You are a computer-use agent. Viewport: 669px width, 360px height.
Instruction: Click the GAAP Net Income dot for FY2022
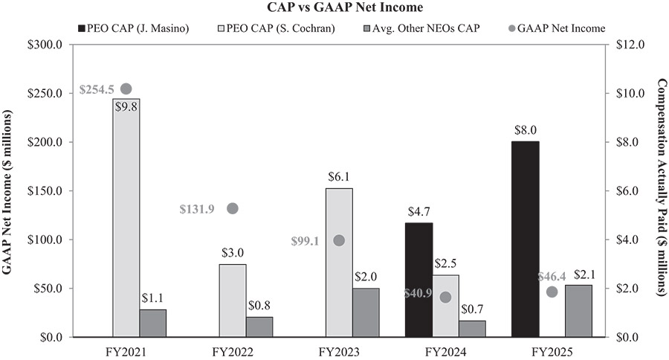[x=232, y=208]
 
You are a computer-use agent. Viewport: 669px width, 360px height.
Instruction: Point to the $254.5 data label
[x=96, y=90]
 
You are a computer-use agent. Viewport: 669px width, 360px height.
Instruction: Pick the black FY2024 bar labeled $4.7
[x=418, y=280]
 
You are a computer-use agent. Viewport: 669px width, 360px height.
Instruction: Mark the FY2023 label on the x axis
[x=339, y=350]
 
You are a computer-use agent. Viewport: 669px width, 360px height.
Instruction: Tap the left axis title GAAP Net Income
[x=10, y=191]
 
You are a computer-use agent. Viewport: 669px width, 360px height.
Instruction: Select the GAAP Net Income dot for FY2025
[x=552, y=292]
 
